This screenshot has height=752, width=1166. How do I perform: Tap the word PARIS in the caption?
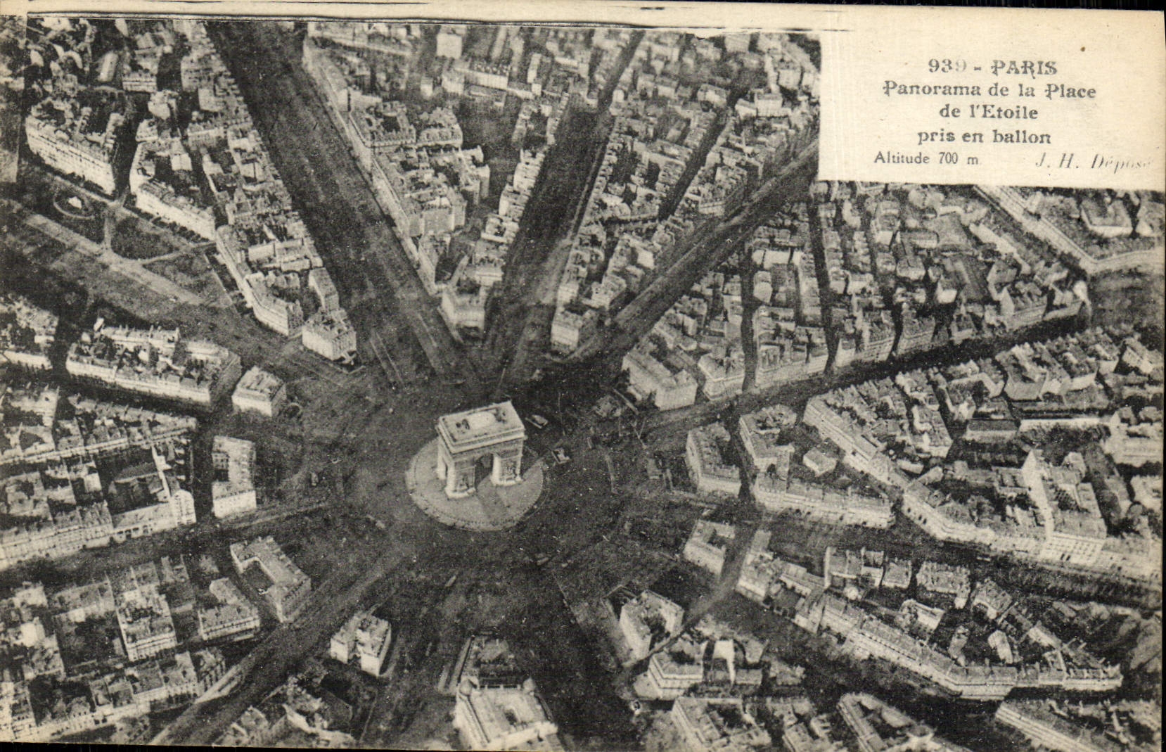(x=1023, y=68)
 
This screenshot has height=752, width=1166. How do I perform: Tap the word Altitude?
(x=901, y=158)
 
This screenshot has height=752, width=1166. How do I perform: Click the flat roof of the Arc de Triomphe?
(x=480, y=424)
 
